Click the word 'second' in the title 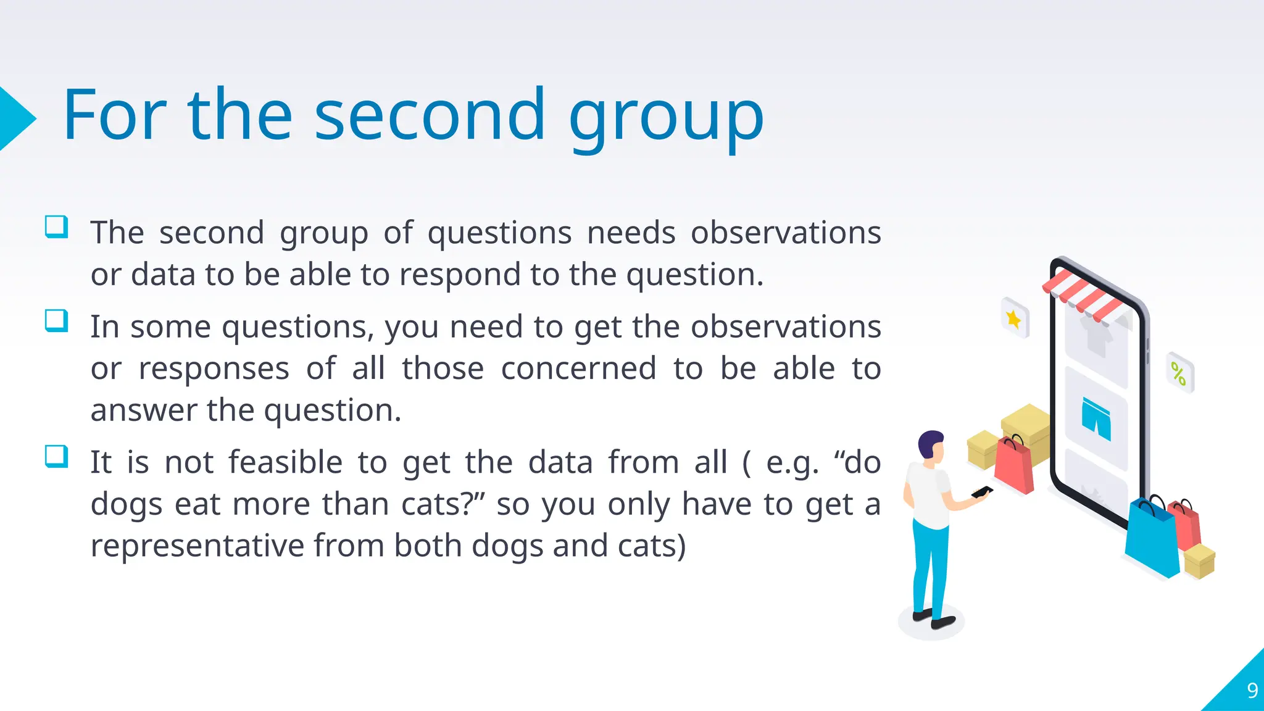point(430,116)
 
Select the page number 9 point(1252,690)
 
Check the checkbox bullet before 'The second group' point(56,227)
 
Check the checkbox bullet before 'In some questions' point(56,321)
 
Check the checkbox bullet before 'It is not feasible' point(56,457)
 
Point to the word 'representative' point(197,546)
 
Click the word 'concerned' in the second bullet point(578,368)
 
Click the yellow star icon point(1013,318)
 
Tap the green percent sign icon point(1178,373)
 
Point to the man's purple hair point(929,442)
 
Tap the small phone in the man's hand point(981,493)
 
